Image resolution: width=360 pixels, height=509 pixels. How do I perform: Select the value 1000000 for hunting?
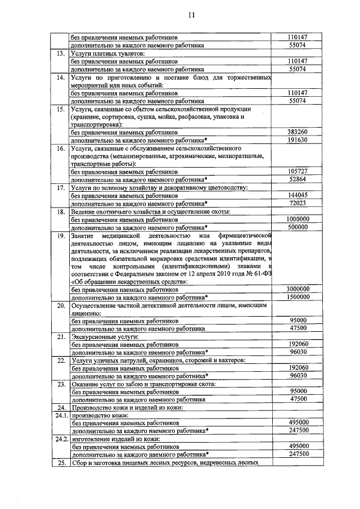pos(298,219)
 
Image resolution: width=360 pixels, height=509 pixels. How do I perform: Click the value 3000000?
pos(298,289)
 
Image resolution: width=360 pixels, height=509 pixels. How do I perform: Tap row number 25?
pos(61,462)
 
